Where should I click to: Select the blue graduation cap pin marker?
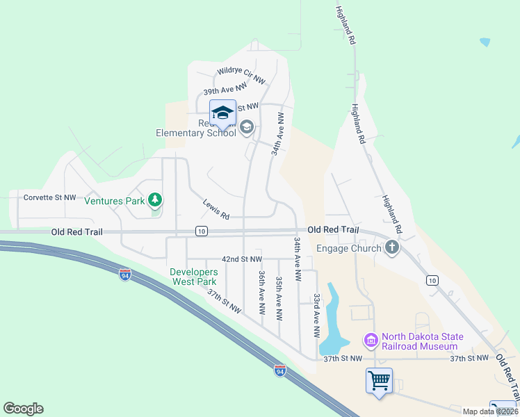[222, 114]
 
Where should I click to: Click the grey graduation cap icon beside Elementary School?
[247, 128]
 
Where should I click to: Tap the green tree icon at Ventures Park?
[155, 201]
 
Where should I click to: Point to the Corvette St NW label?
[49, 197]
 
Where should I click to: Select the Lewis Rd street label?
[216, 210]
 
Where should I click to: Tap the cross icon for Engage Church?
[392, 247]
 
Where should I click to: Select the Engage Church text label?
[349, 248]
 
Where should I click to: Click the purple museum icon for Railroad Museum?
[371, 341]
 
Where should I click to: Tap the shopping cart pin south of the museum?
[379, 381]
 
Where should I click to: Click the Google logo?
[23, 409]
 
